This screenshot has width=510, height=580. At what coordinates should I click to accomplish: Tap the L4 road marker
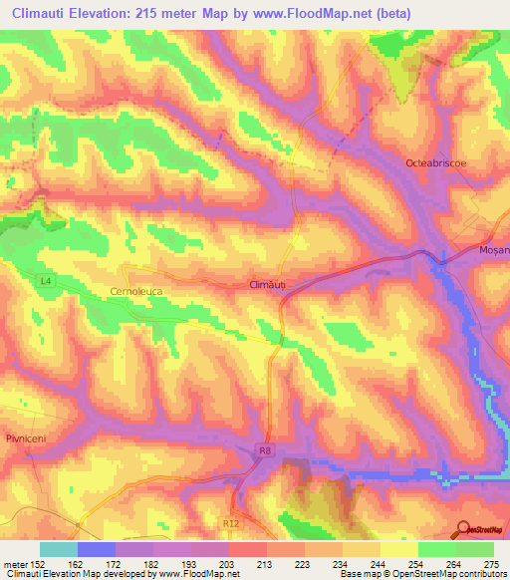[x=46, y=282]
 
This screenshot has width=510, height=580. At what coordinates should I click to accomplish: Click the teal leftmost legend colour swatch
[x=59, y=548]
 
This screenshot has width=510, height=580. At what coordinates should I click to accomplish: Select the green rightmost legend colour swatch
[x=474, y=548]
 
